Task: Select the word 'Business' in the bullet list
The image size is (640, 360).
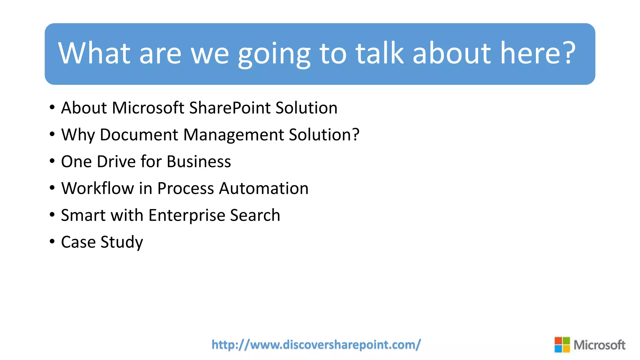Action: tap(199, 162)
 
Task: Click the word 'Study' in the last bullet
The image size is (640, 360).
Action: tap(122, 242)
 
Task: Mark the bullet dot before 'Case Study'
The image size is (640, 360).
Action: tap(52, 242)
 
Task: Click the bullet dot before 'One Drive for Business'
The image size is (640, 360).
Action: tap(52, 161)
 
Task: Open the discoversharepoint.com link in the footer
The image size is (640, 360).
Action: tap(316, 345)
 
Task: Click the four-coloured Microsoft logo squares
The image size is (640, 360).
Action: tap(562, 345)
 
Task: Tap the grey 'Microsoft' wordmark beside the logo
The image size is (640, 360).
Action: tap(599, 345)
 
